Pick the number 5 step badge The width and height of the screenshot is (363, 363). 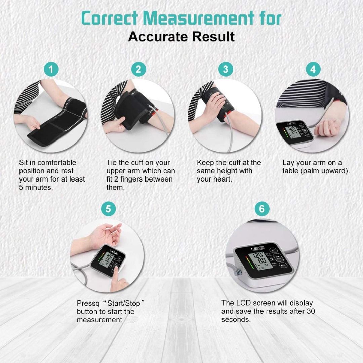click(108, 209)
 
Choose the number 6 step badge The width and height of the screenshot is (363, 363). click(262, 209)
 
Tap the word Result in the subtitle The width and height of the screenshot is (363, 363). click(216, 37)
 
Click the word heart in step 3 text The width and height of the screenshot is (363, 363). click(223, 179)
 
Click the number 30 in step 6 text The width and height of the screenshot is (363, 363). click(310, 312)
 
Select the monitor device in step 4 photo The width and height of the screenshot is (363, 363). click(294, 134)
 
